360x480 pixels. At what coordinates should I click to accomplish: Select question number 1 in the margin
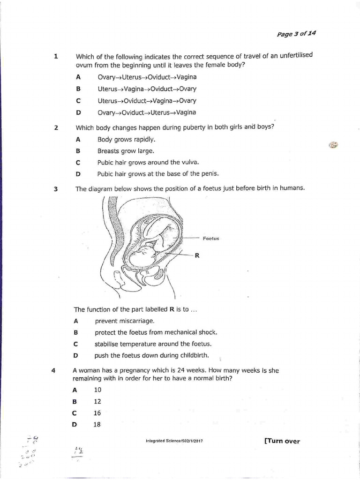point(56,56)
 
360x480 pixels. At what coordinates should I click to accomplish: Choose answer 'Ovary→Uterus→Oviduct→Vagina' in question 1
point(147,77)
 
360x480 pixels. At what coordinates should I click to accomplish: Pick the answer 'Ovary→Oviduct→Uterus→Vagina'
point(147,112)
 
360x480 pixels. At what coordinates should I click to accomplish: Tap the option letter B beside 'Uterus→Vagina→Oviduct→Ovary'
point(78,89)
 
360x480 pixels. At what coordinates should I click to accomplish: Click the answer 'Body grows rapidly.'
point(126,139)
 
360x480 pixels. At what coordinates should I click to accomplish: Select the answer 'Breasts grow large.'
point(126,151)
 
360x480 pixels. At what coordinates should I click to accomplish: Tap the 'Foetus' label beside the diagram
point(211,239)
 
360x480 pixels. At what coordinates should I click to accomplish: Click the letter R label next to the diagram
point(197,255)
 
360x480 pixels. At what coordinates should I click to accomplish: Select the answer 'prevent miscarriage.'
point(124,321)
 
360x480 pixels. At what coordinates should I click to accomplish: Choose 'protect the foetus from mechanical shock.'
point(156,332)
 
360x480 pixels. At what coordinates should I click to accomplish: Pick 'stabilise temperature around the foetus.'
point(152,344)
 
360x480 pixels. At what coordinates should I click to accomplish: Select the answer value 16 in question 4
point(97,413)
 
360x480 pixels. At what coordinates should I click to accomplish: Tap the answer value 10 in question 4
point(97,390)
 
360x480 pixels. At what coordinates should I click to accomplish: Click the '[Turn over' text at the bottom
point(282,441)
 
